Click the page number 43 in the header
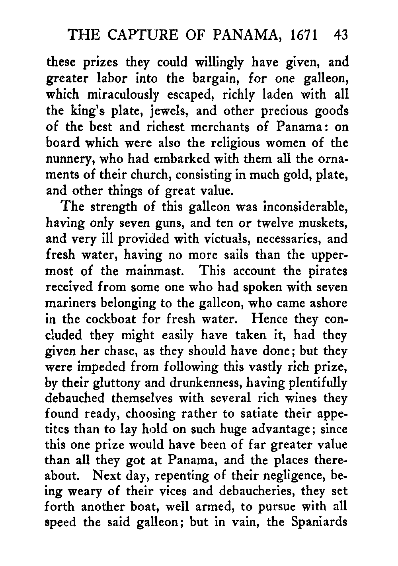(341, 36)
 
